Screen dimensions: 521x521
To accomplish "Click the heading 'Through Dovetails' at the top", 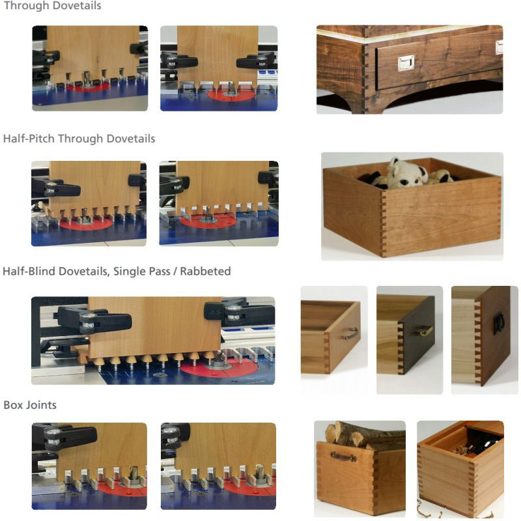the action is click(x=53, y=6).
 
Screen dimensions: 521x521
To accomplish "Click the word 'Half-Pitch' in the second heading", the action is click(x=29, y=139).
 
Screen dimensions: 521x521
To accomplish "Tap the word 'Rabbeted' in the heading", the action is click(x=205, y=271).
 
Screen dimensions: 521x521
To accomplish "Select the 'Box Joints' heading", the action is click(x=30, y=405).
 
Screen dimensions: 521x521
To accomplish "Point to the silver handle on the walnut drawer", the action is click(x=406, y=63).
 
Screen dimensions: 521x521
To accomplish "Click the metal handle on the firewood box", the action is click(x=343, y=457).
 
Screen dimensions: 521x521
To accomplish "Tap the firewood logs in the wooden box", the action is click(x=364, y=434).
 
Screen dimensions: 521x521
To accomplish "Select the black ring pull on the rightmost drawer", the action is click(x=498, y=323).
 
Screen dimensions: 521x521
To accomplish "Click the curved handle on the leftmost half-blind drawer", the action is click(x=350, y=333).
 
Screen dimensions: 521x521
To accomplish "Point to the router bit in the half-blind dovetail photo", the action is click(x=219, y=359).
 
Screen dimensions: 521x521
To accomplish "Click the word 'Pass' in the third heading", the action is click(x=160, y=271).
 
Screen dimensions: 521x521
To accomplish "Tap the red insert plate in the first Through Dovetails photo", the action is click(x=88, y=87).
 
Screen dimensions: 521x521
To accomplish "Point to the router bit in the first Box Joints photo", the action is click(x=133, y=474).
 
